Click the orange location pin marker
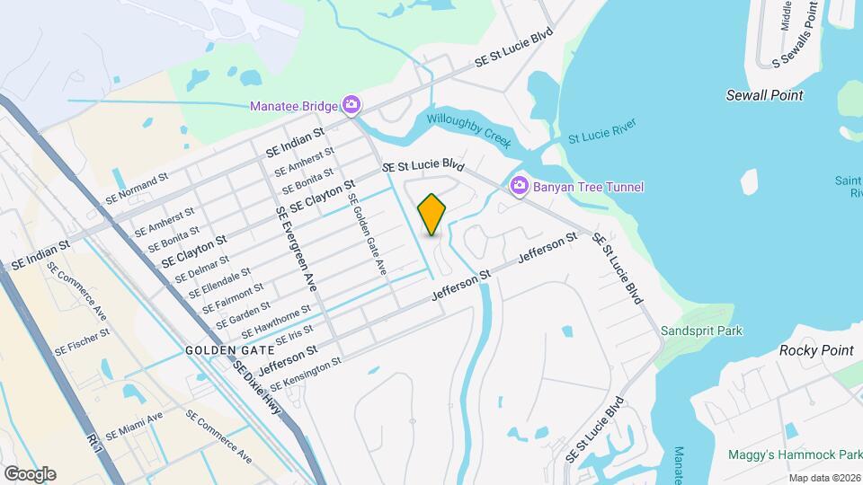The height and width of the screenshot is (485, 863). [x=431, y=215]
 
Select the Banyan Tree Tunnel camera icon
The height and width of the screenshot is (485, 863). [x=519, y=186]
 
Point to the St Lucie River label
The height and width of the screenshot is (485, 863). [x=601, y=131]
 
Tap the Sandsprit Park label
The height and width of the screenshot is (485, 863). [x=701, y=331]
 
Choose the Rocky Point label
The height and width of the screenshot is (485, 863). [x=815, y=350]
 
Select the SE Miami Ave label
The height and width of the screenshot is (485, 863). [x=133, y=423]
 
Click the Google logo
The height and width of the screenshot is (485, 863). [x=30, y=473]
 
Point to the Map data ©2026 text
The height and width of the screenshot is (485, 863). [x=824, y=478]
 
